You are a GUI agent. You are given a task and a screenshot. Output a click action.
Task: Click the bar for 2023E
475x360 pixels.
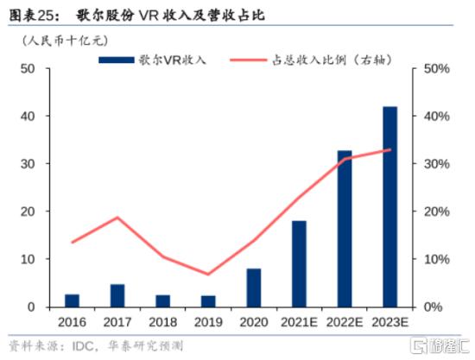389,207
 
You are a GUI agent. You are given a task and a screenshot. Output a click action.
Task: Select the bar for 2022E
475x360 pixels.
345,229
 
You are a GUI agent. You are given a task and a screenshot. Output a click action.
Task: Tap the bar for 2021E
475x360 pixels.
299,264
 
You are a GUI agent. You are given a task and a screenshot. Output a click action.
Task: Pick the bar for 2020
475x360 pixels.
253,287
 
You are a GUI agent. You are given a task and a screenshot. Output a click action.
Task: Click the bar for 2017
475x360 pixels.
117,295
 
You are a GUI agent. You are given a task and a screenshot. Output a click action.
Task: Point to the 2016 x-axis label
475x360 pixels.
73,321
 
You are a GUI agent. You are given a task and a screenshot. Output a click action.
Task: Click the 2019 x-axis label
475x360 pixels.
208,321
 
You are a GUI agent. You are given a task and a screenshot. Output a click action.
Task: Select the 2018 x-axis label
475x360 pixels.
163,321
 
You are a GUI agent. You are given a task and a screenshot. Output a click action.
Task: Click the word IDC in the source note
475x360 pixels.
81,345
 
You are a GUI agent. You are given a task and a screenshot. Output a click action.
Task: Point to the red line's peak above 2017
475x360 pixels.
117,218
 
